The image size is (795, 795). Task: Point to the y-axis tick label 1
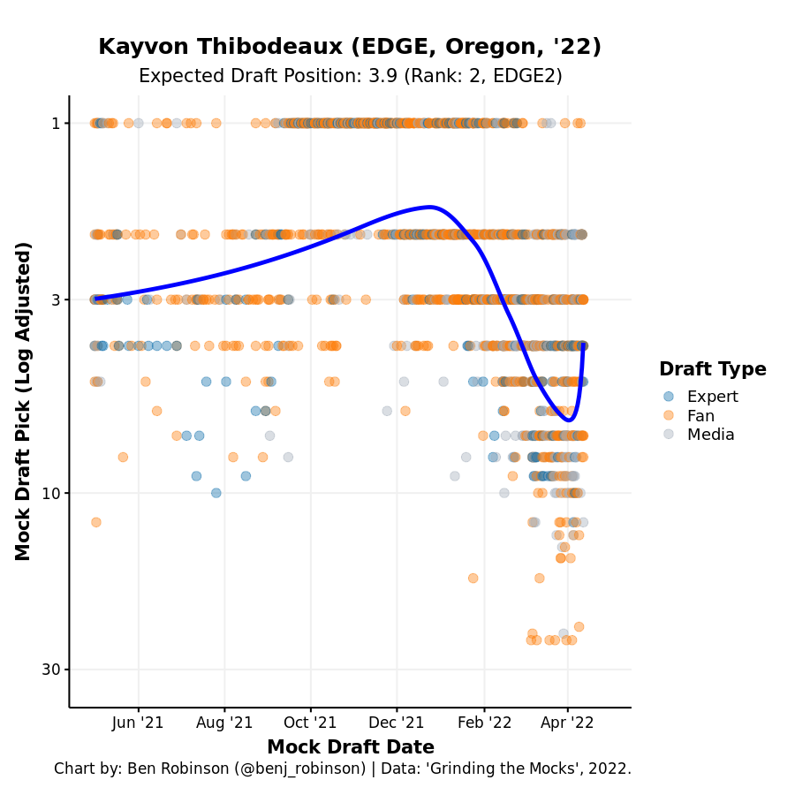click(x=55, y=123)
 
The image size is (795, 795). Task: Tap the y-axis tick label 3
click(x=55, y=299)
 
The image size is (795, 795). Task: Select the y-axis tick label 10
click(x=50, y=493)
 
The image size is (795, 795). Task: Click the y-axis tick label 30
click(x=50, y=670)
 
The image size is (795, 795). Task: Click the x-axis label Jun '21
click(x=139, y=723)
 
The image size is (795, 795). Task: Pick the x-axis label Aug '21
click(x=224, y=723)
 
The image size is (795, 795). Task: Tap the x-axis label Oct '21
click(x=310, y=723)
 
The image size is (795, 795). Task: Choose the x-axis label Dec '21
click(x=397, y=723)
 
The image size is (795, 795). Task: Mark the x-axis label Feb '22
click(x=484, y=723)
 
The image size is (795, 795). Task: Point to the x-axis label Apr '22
click(x=568, y=723)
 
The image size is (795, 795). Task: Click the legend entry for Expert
click(x=711, y=397)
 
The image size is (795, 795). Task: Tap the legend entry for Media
click(x=710, y=434)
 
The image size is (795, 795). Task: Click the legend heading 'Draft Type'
click(x=712, y=369)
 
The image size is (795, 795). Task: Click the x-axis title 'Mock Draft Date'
click(x=350, y=747)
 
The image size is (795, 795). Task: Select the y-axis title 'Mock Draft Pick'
click(x=24, y=400)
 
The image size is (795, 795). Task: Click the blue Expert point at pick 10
click(x=216, y=493)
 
